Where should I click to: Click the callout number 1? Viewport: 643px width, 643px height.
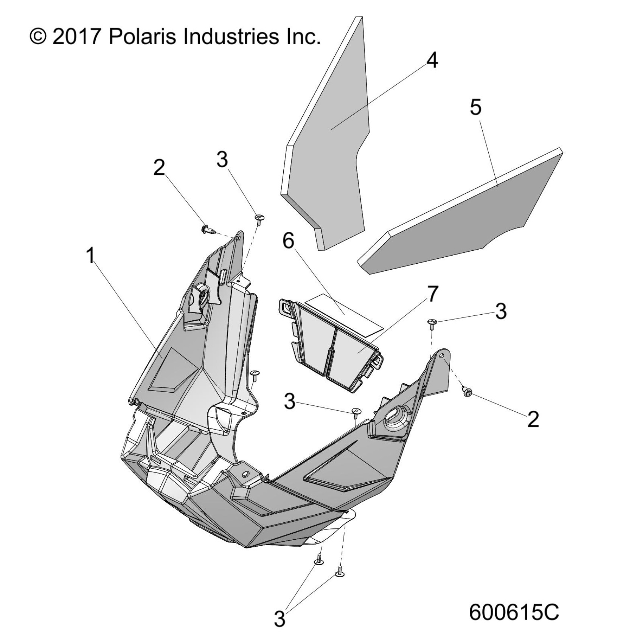90,256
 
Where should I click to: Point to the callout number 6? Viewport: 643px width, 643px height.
288,241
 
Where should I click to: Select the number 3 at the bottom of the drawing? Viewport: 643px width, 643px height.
279,619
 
